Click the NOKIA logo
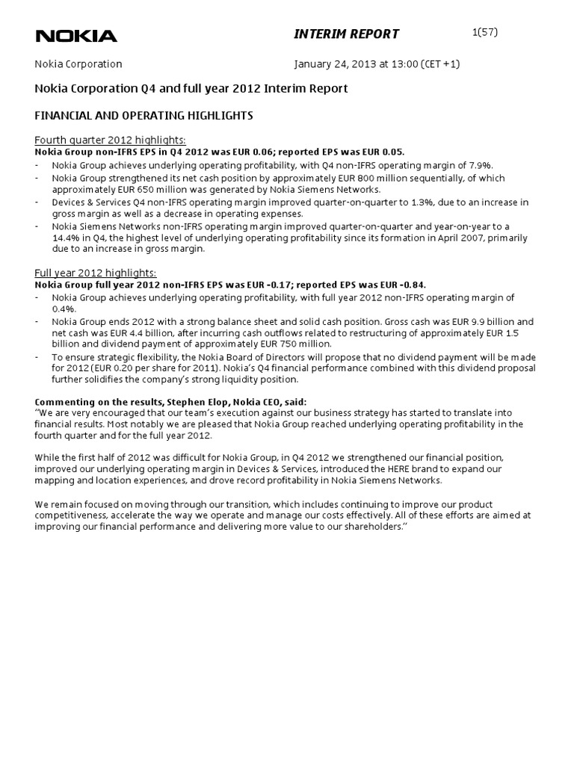[76, 35]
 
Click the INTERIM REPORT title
[345, 34]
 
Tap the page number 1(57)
[485, 31]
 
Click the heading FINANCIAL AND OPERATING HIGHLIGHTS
[144, 116]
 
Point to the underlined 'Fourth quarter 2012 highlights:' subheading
[111, 140]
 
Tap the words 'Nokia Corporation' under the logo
[78, 64]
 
